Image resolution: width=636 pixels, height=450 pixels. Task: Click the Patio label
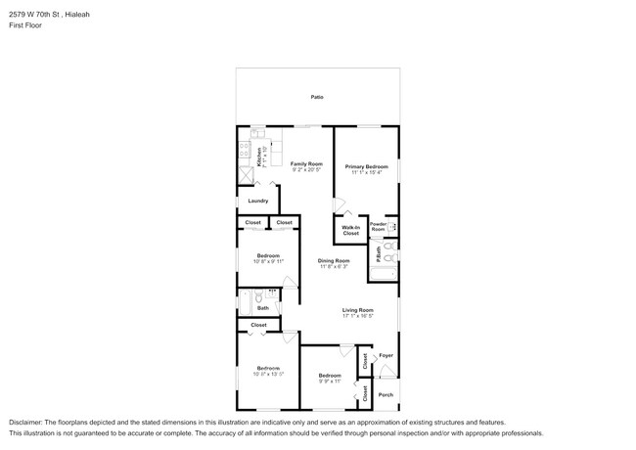pos(317,97)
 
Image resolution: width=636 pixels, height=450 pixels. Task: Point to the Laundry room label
pos(258,201)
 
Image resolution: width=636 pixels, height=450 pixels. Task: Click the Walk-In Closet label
pos(350,231)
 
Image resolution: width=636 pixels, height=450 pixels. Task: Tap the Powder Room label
pos(379,227)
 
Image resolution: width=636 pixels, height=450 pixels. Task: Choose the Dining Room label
pos(334,260)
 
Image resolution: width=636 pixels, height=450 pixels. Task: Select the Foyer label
pos(386,355)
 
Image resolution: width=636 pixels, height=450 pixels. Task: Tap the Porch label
pos(386,394)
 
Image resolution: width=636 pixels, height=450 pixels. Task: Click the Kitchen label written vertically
pos(258,157)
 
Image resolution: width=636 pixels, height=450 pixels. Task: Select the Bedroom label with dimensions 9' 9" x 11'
pos(329,375)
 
